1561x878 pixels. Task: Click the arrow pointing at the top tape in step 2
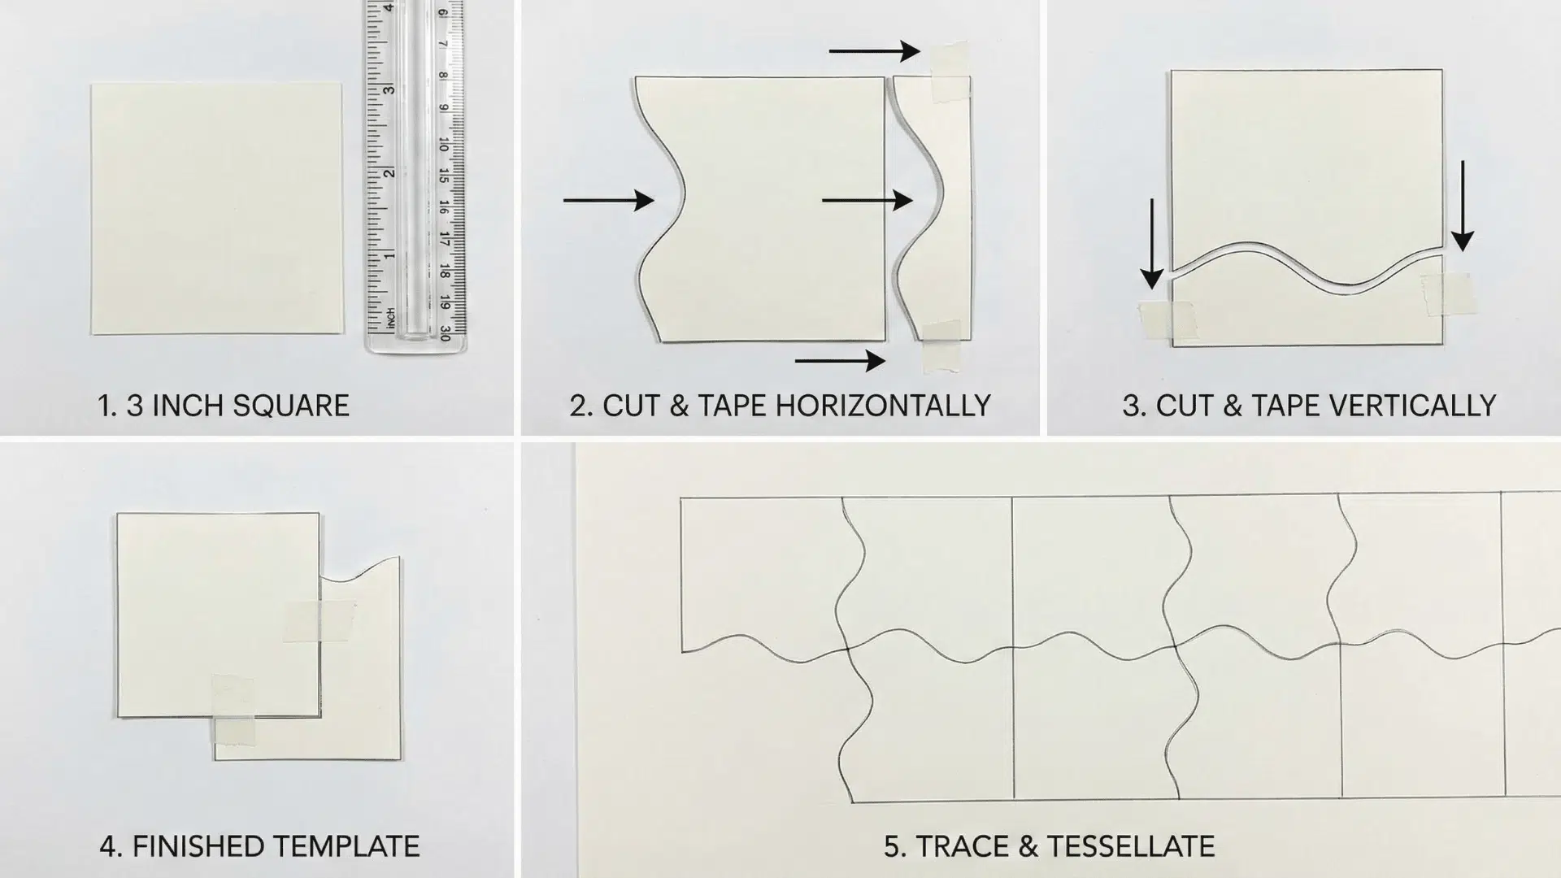(874, 52)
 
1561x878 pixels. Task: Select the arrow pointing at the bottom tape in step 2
(840, 360)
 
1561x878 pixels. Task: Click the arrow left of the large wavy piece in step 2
(608, 199)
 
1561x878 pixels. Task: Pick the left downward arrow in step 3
(1151, 244)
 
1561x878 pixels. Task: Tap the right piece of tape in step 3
(1447, 293)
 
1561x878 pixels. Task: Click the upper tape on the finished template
(320, 621)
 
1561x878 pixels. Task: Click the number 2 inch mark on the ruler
(390, 172)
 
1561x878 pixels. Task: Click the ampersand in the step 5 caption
(1027, 846)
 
